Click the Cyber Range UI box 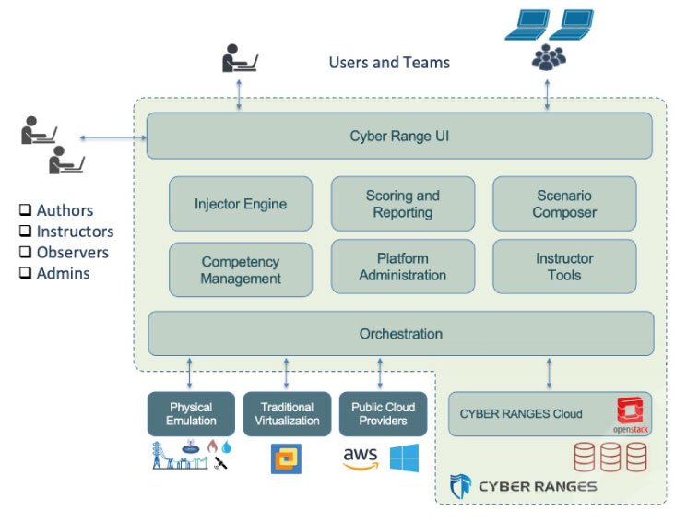point(399,137)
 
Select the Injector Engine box point(241,204)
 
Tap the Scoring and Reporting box point(402,204)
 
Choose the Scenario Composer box point(565,204)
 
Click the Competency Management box point(241,270)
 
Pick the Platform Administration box point(402,267)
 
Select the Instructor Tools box point(565,267)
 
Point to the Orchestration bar point(400,333)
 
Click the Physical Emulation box point(191,413)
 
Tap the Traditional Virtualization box point(286,413)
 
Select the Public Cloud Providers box point(383,413)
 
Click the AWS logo point(361,458)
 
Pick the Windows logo point(404,458)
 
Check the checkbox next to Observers point(26,253)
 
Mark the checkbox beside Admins point(26,273)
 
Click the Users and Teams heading point(389,63)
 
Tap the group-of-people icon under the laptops point(549,58)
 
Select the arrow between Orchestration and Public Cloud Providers point(381,374)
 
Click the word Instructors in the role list point(75,232)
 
